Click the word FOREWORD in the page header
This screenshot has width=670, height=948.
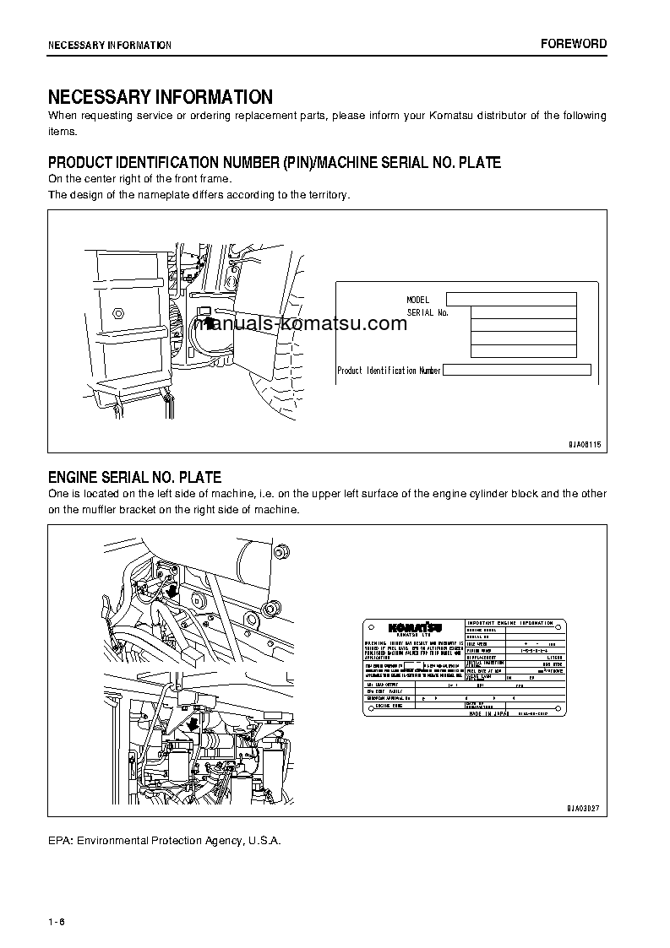point(574,44)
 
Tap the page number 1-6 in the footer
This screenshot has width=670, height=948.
point(57,920)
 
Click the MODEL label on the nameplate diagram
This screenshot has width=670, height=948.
point(418,300)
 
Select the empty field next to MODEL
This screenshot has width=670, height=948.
point(510,299)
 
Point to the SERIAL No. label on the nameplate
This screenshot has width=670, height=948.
point(428,312)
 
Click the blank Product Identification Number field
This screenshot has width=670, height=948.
point(516,370)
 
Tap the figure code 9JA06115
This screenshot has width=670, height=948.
point(583,444)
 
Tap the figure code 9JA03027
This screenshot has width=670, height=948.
point(583,808)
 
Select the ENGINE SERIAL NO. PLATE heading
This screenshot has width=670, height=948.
point(134,478)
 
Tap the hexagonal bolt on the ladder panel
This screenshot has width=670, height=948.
point(119,312)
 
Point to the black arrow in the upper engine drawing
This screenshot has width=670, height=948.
point(173,590)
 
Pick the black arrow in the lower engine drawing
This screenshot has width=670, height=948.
point(193,723)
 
